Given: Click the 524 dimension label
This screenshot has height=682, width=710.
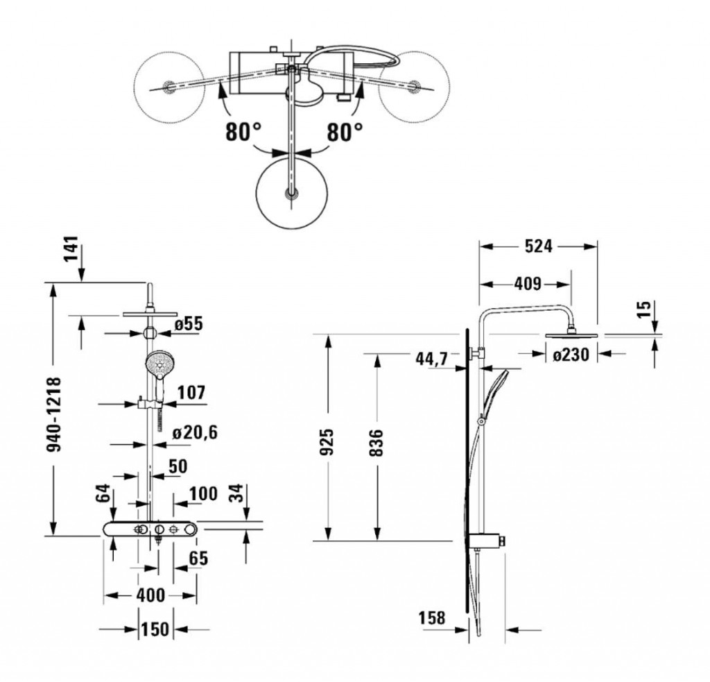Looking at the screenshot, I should [x=538, y=246].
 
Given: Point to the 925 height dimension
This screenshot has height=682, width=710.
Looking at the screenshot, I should [x=329, y=441].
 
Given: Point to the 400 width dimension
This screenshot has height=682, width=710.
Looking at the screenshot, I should [x=150, y=595].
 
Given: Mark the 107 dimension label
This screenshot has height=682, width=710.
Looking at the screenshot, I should [x=191, y=393].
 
